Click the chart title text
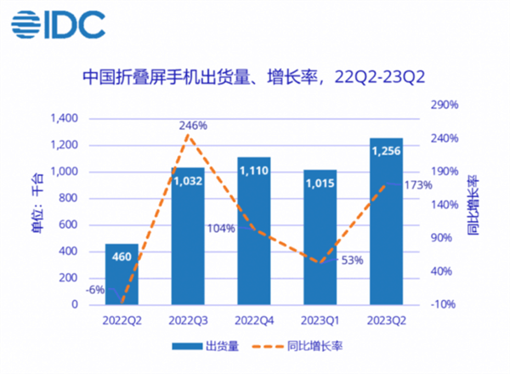(x=253, y=77)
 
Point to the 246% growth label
(x=193, y=126)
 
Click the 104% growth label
(x=221, y=228)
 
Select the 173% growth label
(x=417, y=185)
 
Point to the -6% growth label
(x=95, y=290)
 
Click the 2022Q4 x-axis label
(x=254, y=321)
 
